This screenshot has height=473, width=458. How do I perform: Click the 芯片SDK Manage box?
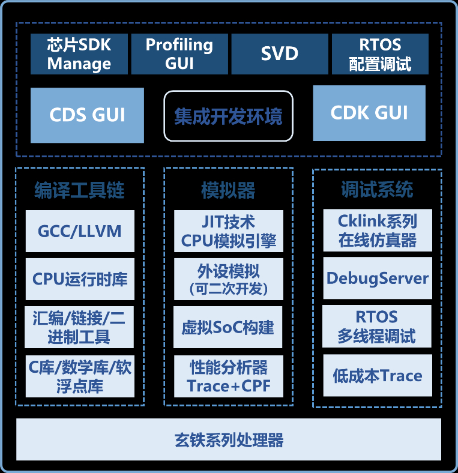pyautogui.click(x=79, y=54)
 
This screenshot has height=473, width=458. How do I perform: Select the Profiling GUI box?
pyautogui.click(x=179, y=54)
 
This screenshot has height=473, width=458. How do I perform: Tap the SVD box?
pyautogui.click(x=280, y=54)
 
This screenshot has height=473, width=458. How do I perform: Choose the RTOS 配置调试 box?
pyautogui.click(x=380, y=54)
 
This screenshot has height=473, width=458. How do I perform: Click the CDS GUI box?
pyautogui.click(x=88, y=115)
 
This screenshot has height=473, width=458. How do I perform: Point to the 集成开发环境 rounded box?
pyautogui.click(x=228, y=116)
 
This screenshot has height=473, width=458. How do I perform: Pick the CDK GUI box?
pyautogui.click(x=369, y=113)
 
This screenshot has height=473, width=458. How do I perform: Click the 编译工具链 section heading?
pyautogui.click(x=80, y=190)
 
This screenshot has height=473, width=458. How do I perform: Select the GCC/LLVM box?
pyautogui.click(x=80, y=231)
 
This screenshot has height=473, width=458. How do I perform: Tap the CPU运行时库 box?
pyautogui.click(x=80, y=279)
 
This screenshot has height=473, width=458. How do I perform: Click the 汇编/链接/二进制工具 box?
pyautogui.click(x=80, y=327)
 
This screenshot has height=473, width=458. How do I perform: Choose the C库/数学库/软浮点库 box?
pyautogui.click(x=80, y=376)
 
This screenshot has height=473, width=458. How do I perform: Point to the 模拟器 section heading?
pyautogui.click(x=228, y=190)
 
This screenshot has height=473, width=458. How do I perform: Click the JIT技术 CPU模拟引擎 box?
pyautogui.click(x=229, y=231)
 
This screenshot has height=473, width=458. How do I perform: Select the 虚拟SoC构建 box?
pyautogui.click(x=229, y=327)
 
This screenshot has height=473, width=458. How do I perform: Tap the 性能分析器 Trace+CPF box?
pyautogui.click(x=229, y=376)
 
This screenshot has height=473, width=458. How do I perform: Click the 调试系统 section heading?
pyautogui.click(x=377, y=190)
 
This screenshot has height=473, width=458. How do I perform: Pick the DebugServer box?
pyautogui.click(x=378, y=279)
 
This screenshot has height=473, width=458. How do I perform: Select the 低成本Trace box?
pyautogui.click(x=378, y=376)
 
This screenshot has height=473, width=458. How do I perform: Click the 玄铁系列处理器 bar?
pyautogui.click(x=229, y=440)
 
